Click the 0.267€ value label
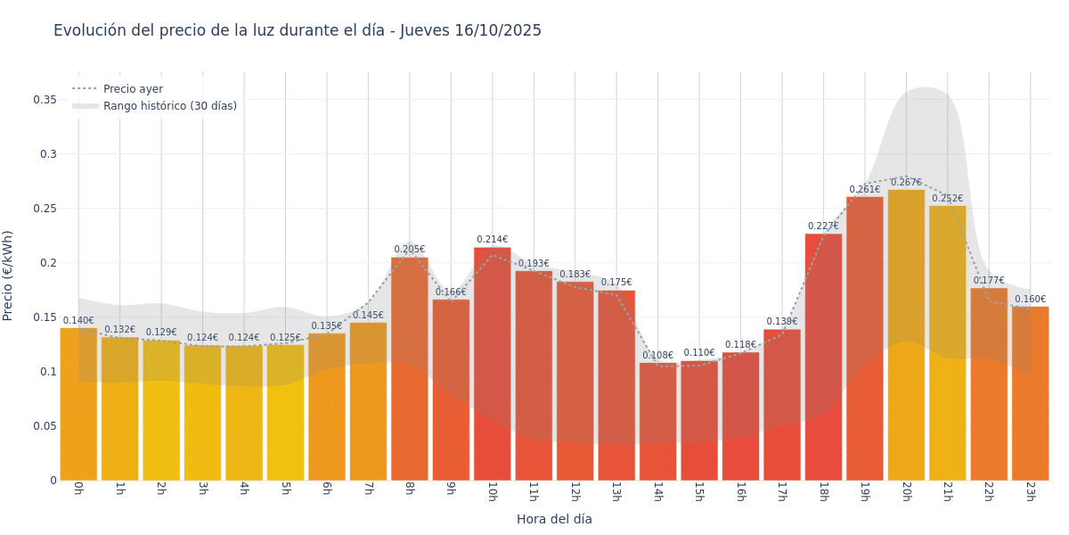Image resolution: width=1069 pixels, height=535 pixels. coord(906,183)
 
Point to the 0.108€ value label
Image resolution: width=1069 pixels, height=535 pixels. coord(657,356)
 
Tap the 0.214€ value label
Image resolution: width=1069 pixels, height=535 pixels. coord(492,240)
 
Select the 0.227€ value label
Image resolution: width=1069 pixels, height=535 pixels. coord(823,226)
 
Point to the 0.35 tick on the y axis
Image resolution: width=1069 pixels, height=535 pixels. coord(45,100)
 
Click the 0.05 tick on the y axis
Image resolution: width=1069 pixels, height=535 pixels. coord(45,426)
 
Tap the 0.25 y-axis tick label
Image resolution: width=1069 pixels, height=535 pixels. coord(45,209)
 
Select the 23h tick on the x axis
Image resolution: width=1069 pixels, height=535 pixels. coord(1030,491)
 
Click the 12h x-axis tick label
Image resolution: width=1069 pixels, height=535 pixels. coord(575,491)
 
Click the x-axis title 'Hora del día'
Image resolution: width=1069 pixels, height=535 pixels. coord(554,519)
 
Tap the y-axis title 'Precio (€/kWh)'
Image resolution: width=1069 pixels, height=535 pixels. coord(9,276)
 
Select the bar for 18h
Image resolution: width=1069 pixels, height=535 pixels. coord(823,357)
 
